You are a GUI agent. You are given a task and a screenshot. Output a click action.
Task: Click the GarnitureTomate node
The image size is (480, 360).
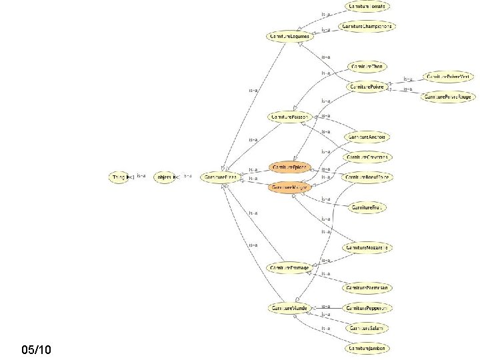pos(366,6)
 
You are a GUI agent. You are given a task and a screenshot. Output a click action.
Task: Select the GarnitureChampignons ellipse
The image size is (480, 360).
pos(367,27)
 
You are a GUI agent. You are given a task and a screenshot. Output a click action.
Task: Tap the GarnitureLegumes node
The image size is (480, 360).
pos(289,35)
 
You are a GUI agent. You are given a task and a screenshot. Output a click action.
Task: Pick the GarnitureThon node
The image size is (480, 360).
pos(367,67)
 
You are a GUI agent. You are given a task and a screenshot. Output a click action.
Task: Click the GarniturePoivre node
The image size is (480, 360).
pos(367,87)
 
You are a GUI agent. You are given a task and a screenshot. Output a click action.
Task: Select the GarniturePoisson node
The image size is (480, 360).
pos(289,117)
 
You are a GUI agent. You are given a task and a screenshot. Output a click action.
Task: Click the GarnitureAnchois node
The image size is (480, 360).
pos(367,137)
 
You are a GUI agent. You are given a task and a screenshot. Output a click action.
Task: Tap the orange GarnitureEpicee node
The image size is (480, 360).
pos(289,165)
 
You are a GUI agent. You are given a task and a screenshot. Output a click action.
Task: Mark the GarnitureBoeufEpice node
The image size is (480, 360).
pos(367,177)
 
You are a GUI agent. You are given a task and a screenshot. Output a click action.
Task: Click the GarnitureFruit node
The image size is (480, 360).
pos(367,208)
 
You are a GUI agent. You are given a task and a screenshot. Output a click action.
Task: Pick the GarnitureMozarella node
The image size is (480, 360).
pos(367,247)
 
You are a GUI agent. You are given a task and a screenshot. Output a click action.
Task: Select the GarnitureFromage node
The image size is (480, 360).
pos(289,267)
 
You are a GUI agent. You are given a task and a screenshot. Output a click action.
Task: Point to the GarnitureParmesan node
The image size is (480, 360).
pos(367,288)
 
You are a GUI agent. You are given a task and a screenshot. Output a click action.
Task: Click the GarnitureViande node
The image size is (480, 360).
pos(289,307)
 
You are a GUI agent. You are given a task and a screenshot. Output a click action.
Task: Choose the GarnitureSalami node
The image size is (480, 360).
pos(367,328)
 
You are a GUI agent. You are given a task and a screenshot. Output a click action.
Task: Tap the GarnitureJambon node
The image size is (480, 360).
pos(367,348)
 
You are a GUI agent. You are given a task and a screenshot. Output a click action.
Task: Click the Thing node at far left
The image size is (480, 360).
pos(120,177)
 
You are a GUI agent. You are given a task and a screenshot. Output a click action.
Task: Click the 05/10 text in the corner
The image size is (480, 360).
pos(35,349)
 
